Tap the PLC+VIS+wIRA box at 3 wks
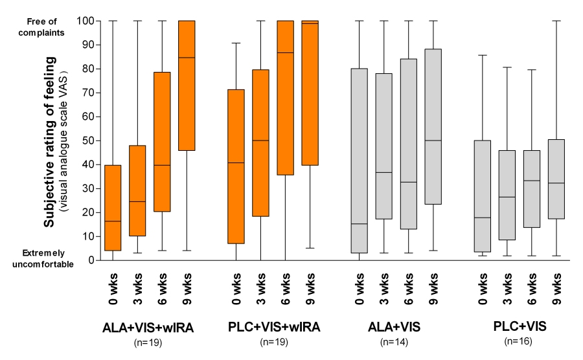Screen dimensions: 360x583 click(260, 142)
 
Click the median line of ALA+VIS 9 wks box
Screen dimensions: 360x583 click(433, 141)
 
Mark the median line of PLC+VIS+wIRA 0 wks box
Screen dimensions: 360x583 click(235, 163)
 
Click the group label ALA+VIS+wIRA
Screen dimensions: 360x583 click(148, 328)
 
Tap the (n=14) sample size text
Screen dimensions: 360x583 click(396, 341)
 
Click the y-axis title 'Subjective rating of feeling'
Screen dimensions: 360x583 click(49, 139)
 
